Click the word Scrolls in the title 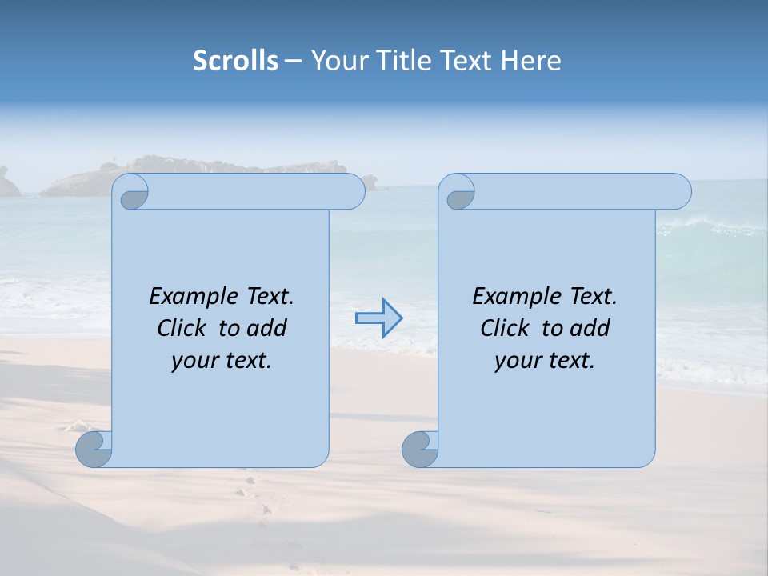point(235,61)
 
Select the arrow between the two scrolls point(378,319)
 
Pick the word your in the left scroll point(193,361)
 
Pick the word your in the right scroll point(516,361)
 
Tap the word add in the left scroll point(269,328)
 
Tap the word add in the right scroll point(592,328)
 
